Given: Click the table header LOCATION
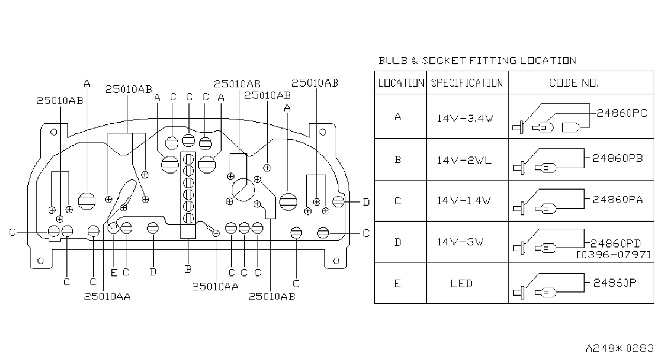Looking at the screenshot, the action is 401,83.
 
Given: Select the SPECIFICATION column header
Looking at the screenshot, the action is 467,83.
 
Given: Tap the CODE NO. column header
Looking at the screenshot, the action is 573,83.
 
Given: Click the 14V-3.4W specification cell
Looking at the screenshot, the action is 465,118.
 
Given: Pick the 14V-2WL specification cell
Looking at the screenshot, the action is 464,160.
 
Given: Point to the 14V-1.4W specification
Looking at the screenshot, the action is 464,200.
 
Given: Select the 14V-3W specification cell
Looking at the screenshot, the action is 460,242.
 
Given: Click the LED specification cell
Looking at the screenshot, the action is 462,283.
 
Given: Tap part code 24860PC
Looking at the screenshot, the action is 622,113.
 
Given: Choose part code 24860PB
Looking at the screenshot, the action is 618,158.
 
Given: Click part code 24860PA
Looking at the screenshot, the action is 618,199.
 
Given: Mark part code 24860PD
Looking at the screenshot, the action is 616,243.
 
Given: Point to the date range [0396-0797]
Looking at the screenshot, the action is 614,254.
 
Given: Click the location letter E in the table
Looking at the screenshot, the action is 397,283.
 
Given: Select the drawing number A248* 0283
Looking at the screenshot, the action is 619,348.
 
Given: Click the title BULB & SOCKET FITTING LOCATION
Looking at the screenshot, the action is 478,61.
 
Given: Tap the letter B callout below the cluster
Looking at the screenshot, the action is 188,269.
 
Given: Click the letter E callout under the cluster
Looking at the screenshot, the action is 114,273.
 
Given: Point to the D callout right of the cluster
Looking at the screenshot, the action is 366,202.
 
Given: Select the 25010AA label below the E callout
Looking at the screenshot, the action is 107,297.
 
